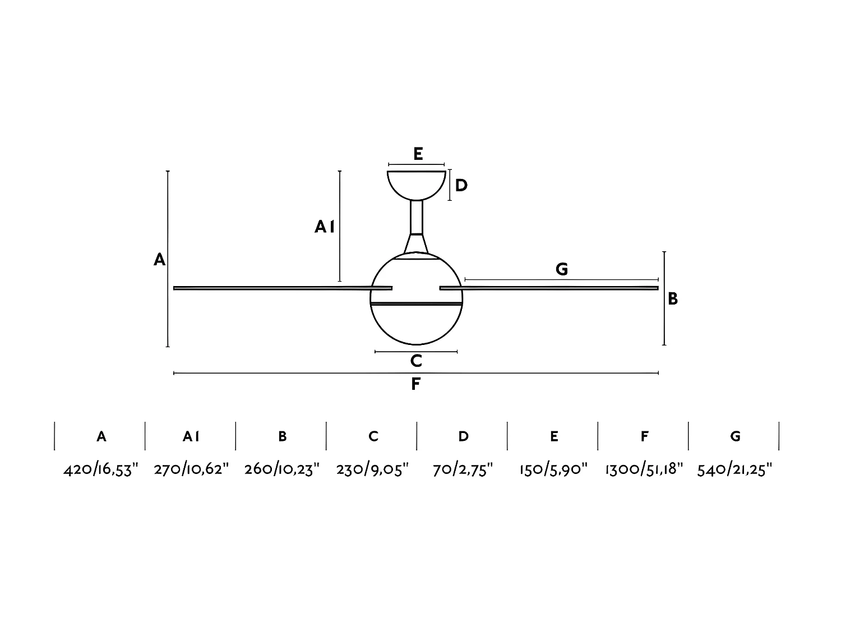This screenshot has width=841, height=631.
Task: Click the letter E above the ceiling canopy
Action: (x=418, y=154)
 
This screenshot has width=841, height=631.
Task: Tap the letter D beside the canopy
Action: (x=461, y=185)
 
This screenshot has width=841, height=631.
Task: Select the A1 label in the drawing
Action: (x=325, y=227)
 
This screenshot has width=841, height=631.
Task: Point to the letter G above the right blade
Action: (x=561, y=269)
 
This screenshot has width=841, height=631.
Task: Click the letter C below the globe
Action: (x=416, y=361)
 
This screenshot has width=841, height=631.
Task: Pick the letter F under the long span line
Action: (x=415, y=384)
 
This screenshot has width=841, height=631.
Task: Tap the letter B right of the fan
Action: (x=673, y=299)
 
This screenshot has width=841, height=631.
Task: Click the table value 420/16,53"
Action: (x=101, y=469)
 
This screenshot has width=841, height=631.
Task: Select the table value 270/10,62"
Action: (x=192, y=469)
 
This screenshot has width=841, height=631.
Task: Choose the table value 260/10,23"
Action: (x=282, y=469)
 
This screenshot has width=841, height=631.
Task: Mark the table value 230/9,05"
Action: (x=373, y=469)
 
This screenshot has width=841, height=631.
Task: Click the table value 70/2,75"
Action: (x=463, y=469)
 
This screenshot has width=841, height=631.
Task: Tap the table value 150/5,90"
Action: (x=553, y=469)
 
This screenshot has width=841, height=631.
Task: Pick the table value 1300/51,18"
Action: (x=644, y=469)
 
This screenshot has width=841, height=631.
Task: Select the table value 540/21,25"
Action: (x=735, y=469)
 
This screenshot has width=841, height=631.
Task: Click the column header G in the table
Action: (x=735, y=436)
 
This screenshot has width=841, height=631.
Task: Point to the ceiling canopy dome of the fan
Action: (x=417, y=184)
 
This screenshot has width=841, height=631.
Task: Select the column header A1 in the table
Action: (x=191, y=436)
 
